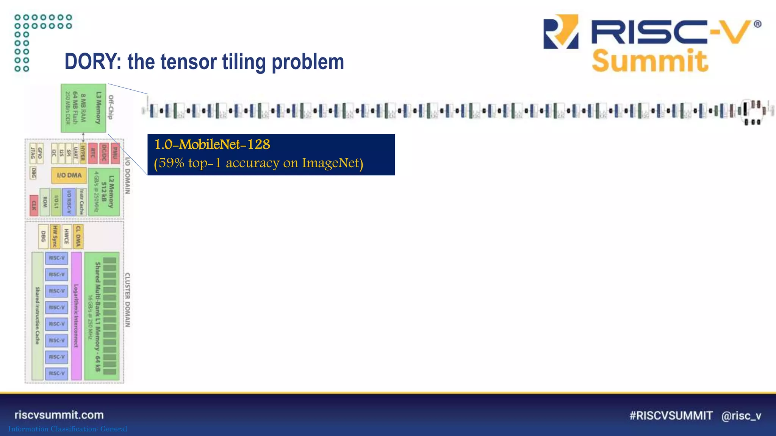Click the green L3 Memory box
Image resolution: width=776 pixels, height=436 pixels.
83,108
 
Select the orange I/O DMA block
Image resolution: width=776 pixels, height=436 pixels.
69,175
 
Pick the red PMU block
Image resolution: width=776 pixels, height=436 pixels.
115,153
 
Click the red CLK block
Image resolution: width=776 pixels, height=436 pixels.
34,205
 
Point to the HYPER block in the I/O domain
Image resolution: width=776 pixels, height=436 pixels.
83,153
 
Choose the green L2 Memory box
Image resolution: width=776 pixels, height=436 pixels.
104,192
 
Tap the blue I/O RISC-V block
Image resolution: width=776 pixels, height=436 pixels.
69,202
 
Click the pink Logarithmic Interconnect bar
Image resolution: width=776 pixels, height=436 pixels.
76,316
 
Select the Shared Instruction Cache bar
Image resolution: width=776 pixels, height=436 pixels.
37,316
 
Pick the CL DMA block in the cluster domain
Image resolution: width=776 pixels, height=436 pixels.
78,237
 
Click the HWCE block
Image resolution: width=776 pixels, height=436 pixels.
67,237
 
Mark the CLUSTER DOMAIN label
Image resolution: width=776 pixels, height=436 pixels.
128,300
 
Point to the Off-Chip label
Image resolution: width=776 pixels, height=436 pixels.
111,107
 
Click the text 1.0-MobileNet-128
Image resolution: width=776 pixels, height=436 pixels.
212,145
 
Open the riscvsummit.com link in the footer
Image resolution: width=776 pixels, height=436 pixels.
59,415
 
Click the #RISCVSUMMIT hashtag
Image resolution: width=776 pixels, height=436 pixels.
671,416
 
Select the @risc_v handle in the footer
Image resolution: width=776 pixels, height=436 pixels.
741,416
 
